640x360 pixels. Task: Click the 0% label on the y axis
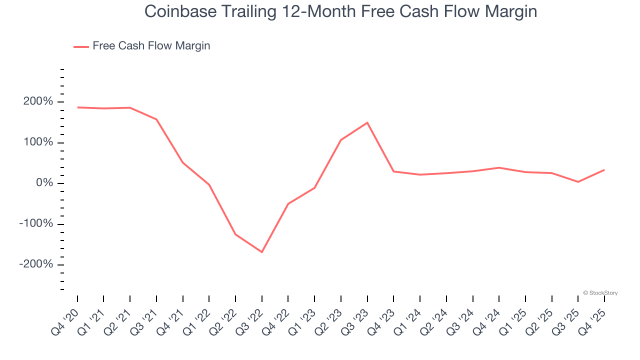[x=45, y=183]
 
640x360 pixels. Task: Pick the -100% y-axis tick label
[x=36, y=223]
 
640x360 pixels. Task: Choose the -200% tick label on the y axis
[x=36, y=264]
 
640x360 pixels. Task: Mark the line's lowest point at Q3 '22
[x=262, y=252]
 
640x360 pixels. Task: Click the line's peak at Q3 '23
[x=367, y=122]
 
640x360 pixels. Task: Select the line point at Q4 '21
[x=183, y=162]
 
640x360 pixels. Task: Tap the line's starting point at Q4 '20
[x=77, y=107]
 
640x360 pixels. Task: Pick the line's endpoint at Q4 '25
[x=604, y=170]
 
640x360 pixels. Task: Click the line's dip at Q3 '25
[x=578, y=182]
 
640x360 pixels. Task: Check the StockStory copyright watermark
[x=600, y=293]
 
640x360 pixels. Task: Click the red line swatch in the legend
[x=81, y=46]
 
